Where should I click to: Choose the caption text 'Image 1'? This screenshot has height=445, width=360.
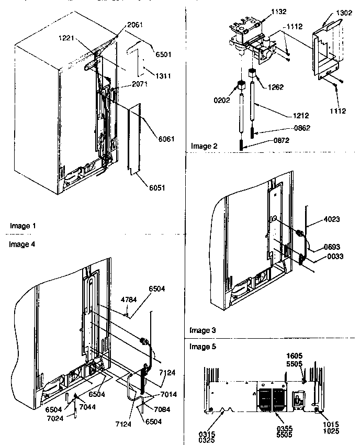[22, 226]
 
